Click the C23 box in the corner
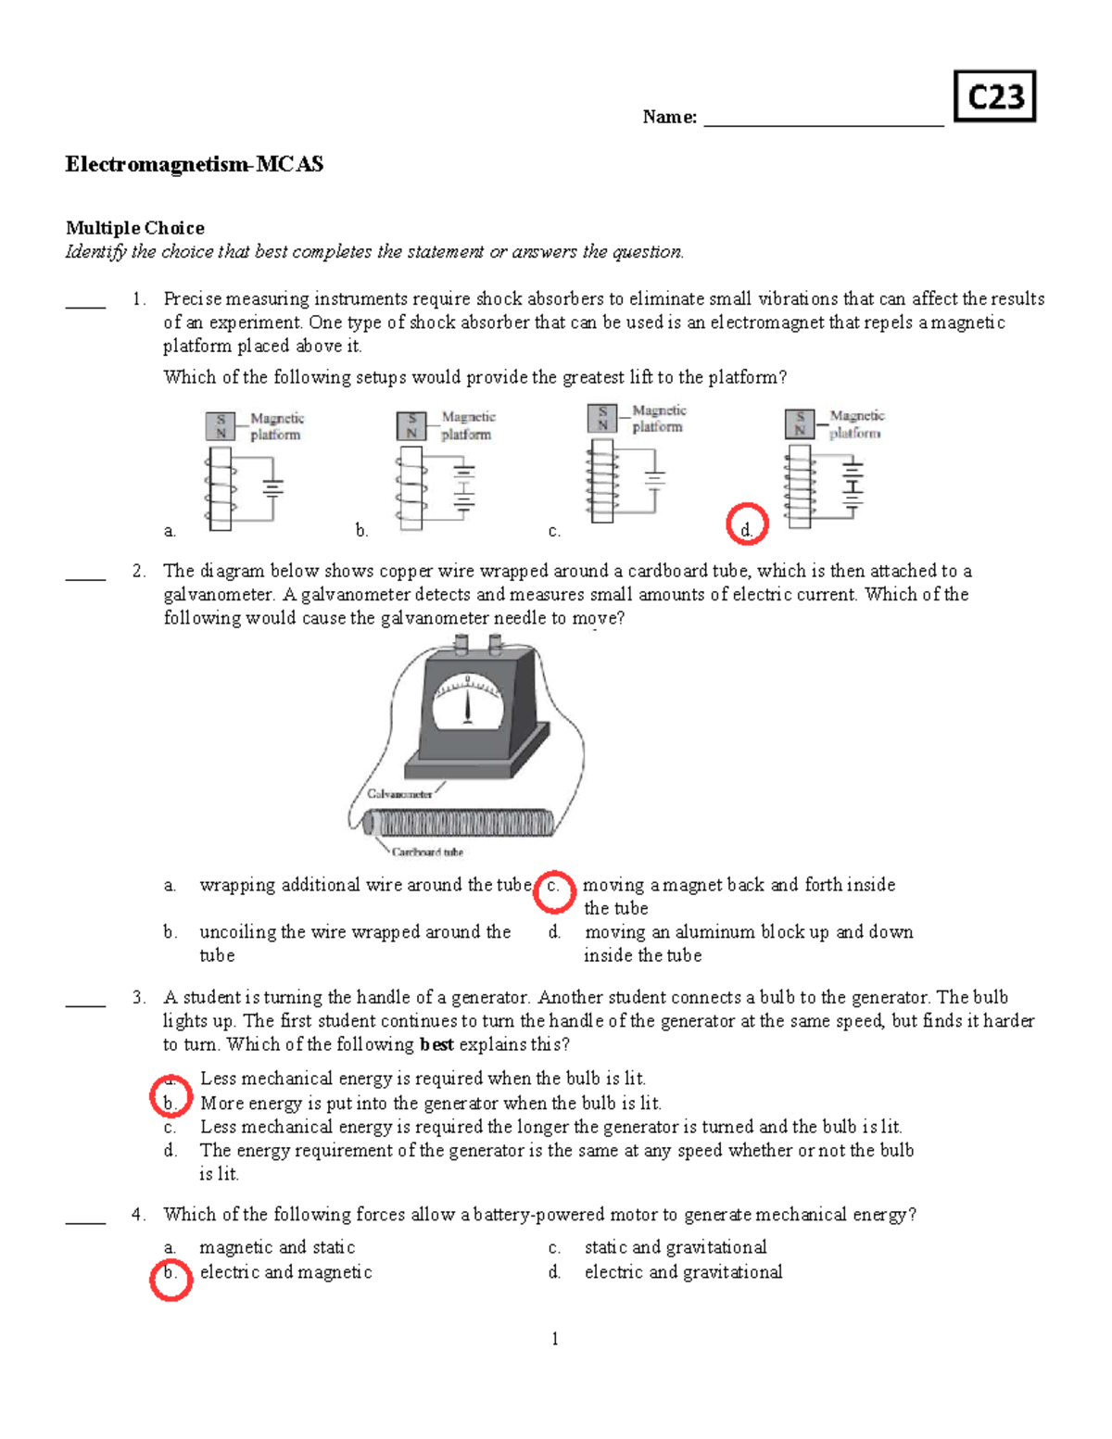coord(994,96)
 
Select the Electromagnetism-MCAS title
coord(195,165)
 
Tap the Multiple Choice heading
coord(135,228)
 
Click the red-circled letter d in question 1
coord(747,525)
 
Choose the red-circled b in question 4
coord(171,1279)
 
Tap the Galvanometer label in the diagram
coord(399,794)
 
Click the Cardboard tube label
coord(427,852)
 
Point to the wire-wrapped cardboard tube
coord(459,822)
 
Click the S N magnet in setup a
coord(221,426)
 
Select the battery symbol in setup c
coord(655,479)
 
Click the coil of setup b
coord(411,488)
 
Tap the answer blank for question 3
coord(85,1003)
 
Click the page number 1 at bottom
coord(554,1338)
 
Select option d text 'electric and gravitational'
coord(683,1272)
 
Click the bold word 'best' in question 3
coord(436,1044)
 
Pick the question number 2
coord(138,571)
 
